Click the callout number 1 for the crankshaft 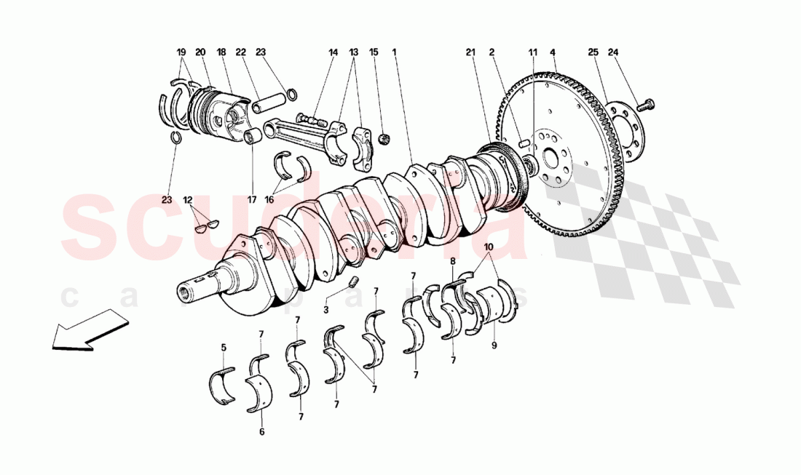coord(394,52)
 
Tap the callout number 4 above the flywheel coord(553,52)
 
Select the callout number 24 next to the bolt coord(613,52)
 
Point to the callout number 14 coord(334,52)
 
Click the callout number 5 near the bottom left coord(224,347)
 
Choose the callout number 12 coord(188,199)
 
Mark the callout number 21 coord(470,52)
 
